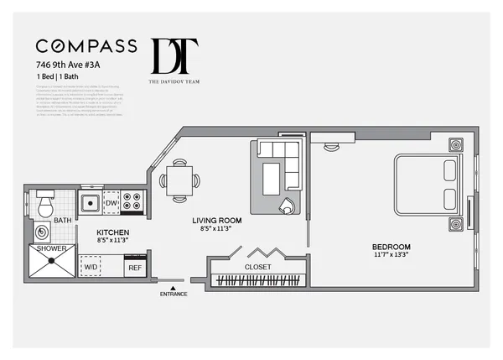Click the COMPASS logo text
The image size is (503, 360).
(x=86, y=45)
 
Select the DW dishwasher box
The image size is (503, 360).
(x=111, y=203)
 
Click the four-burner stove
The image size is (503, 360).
(x=133, y=202)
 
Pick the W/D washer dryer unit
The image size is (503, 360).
(x=91, y=266)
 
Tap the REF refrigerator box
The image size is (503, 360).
(x=134, y=267)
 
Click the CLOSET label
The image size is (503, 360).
(x=257, y=266)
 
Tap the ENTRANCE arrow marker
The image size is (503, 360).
(x=174, y=288)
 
